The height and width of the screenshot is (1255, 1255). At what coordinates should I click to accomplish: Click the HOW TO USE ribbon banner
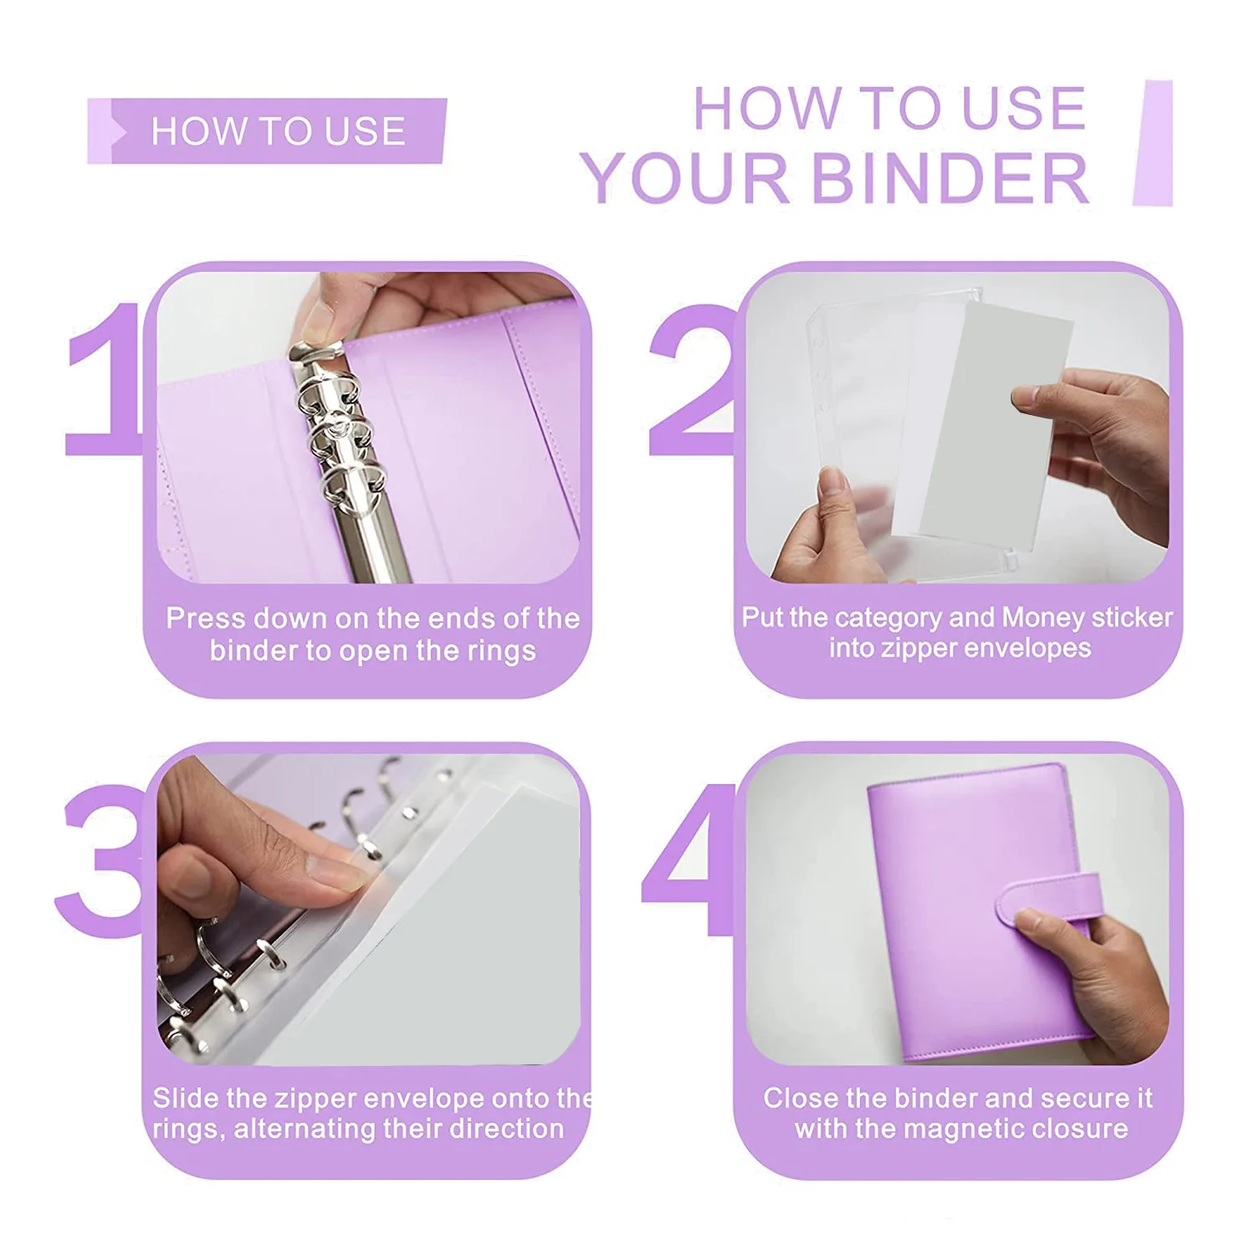click(268, 131)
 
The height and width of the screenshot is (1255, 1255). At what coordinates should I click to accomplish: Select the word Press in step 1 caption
click(206, 618)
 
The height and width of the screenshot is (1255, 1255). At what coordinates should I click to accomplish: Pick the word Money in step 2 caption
click(1042, 617)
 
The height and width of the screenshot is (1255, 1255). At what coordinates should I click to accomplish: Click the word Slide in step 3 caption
click(187, 1098)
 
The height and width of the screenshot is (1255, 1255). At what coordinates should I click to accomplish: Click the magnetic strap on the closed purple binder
click(1046, 904)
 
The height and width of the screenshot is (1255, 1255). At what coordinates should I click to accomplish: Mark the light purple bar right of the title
click(1154, 143)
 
